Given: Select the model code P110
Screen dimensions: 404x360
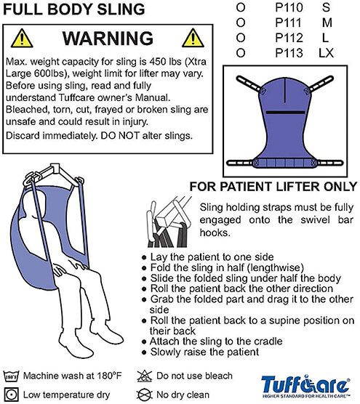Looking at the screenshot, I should (x=289, y=7).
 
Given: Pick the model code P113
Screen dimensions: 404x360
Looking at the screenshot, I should (x=289, y=52).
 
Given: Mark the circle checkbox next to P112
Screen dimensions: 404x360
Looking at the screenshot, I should (x=241, y=37).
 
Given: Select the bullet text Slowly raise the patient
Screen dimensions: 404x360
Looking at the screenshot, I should (x=203, y=352).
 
